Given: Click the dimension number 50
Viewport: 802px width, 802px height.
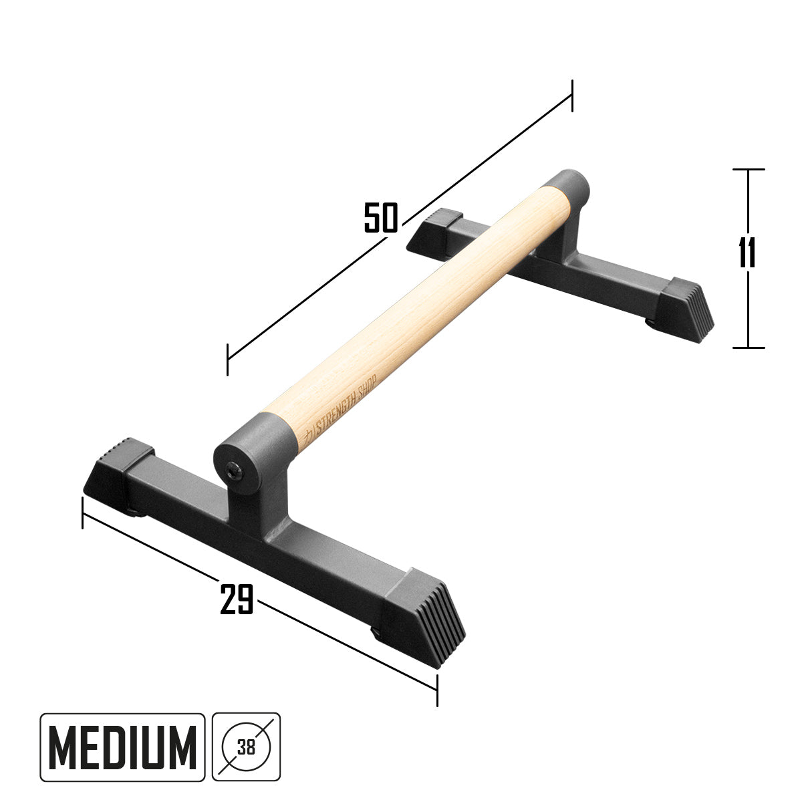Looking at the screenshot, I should [381, 217].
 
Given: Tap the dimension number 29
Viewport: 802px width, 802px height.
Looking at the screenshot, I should [237, 598].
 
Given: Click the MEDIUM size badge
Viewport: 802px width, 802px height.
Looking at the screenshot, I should [122, 747].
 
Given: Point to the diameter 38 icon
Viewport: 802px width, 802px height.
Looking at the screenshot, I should [247, 747].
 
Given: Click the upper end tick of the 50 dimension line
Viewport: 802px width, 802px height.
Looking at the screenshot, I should [572, 95].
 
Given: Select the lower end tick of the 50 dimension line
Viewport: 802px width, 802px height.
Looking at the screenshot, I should [228, 360].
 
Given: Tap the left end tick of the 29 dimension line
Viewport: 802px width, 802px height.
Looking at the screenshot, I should [82, 512].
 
